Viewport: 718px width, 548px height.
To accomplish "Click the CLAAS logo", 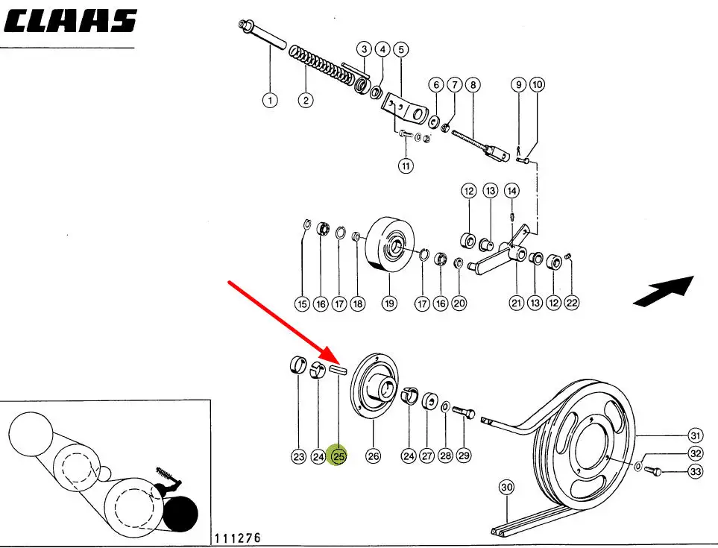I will click(71, 22).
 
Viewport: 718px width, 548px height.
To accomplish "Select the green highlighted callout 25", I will click(338, 456).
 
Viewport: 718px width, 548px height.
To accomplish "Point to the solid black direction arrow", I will click(663, 291).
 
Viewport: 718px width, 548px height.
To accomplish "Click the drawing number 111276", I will click(238, 538).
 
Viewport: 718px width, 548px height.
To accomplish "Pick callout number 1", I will click(270, 100).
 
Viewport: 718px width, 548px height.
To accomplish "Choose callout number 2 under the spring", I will click(306, 100).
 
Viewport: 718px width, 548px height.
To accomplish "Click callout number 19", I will click(389, 303).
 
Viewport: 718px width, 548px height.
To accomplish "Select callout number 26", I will click(373, 456).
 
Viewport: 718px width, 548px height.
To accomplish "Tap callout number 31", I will click(695, 435).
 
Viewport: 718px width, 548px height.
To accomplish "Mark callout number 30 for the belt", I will click(507, 488).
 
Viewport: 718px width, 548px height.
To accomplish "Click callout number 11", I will click(405, 166).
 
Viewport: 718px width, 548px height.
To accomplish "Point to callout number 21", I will click(516, 303).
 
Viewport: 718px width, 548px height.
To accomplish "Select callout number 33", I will click(695, 471).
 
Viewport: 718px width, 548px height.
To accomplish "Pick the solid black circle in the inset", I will click(183, 514).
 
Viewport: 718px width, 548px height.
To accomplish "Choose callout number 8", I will click(472, 85).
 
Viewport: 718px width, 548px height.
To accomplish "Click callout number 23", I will click(298, 456).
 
